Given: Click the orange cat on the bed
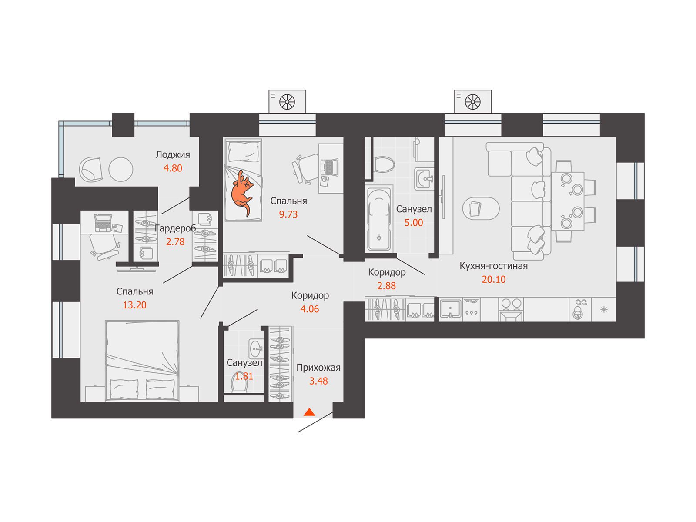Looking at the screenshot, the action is [x=242, y=193].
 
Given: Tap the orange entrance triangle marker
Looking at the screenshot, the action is [x=309, y=412].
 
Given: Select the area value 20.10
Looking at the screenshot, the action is [x=493, y=279].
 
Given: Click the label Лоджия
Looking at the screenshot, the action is [x=173, y=155].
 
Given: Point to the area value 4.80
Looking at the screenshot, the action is [x=173, y=168].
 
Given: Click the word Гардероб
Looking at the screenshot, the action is [x=175, y=228].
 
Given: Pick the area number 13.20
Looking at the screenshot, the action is [x=134, y=305].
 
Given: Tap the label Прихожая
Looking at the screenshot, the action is [x=318, y=368].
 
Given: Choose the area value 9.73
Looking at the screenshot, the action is [x=288, y=214].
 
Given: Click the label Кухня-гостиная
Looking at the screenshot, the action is [x=493, y=266].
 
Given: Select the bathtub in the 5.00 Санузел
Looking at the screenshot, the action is [x=378, y=219].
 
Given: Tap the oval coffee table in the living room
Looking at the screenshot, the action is [x=481, y=208].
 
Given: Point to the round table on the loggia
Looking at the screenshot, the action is [x=121, y=169].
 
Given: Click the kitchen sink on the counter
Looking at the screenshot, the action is [x=450, y=309].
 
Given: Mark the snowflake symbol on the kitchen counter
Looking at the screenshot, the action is [x=604, y=310].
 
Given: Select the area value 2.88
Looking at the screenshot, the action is [x=386, y=285].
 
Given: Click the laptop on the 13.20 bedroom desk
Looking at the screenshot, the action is [x=103, y=223].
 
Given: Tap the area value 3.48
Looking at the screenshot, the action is [x=318, y=381].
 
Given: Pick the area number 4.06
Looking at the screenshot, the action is [x=309, y=309].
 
